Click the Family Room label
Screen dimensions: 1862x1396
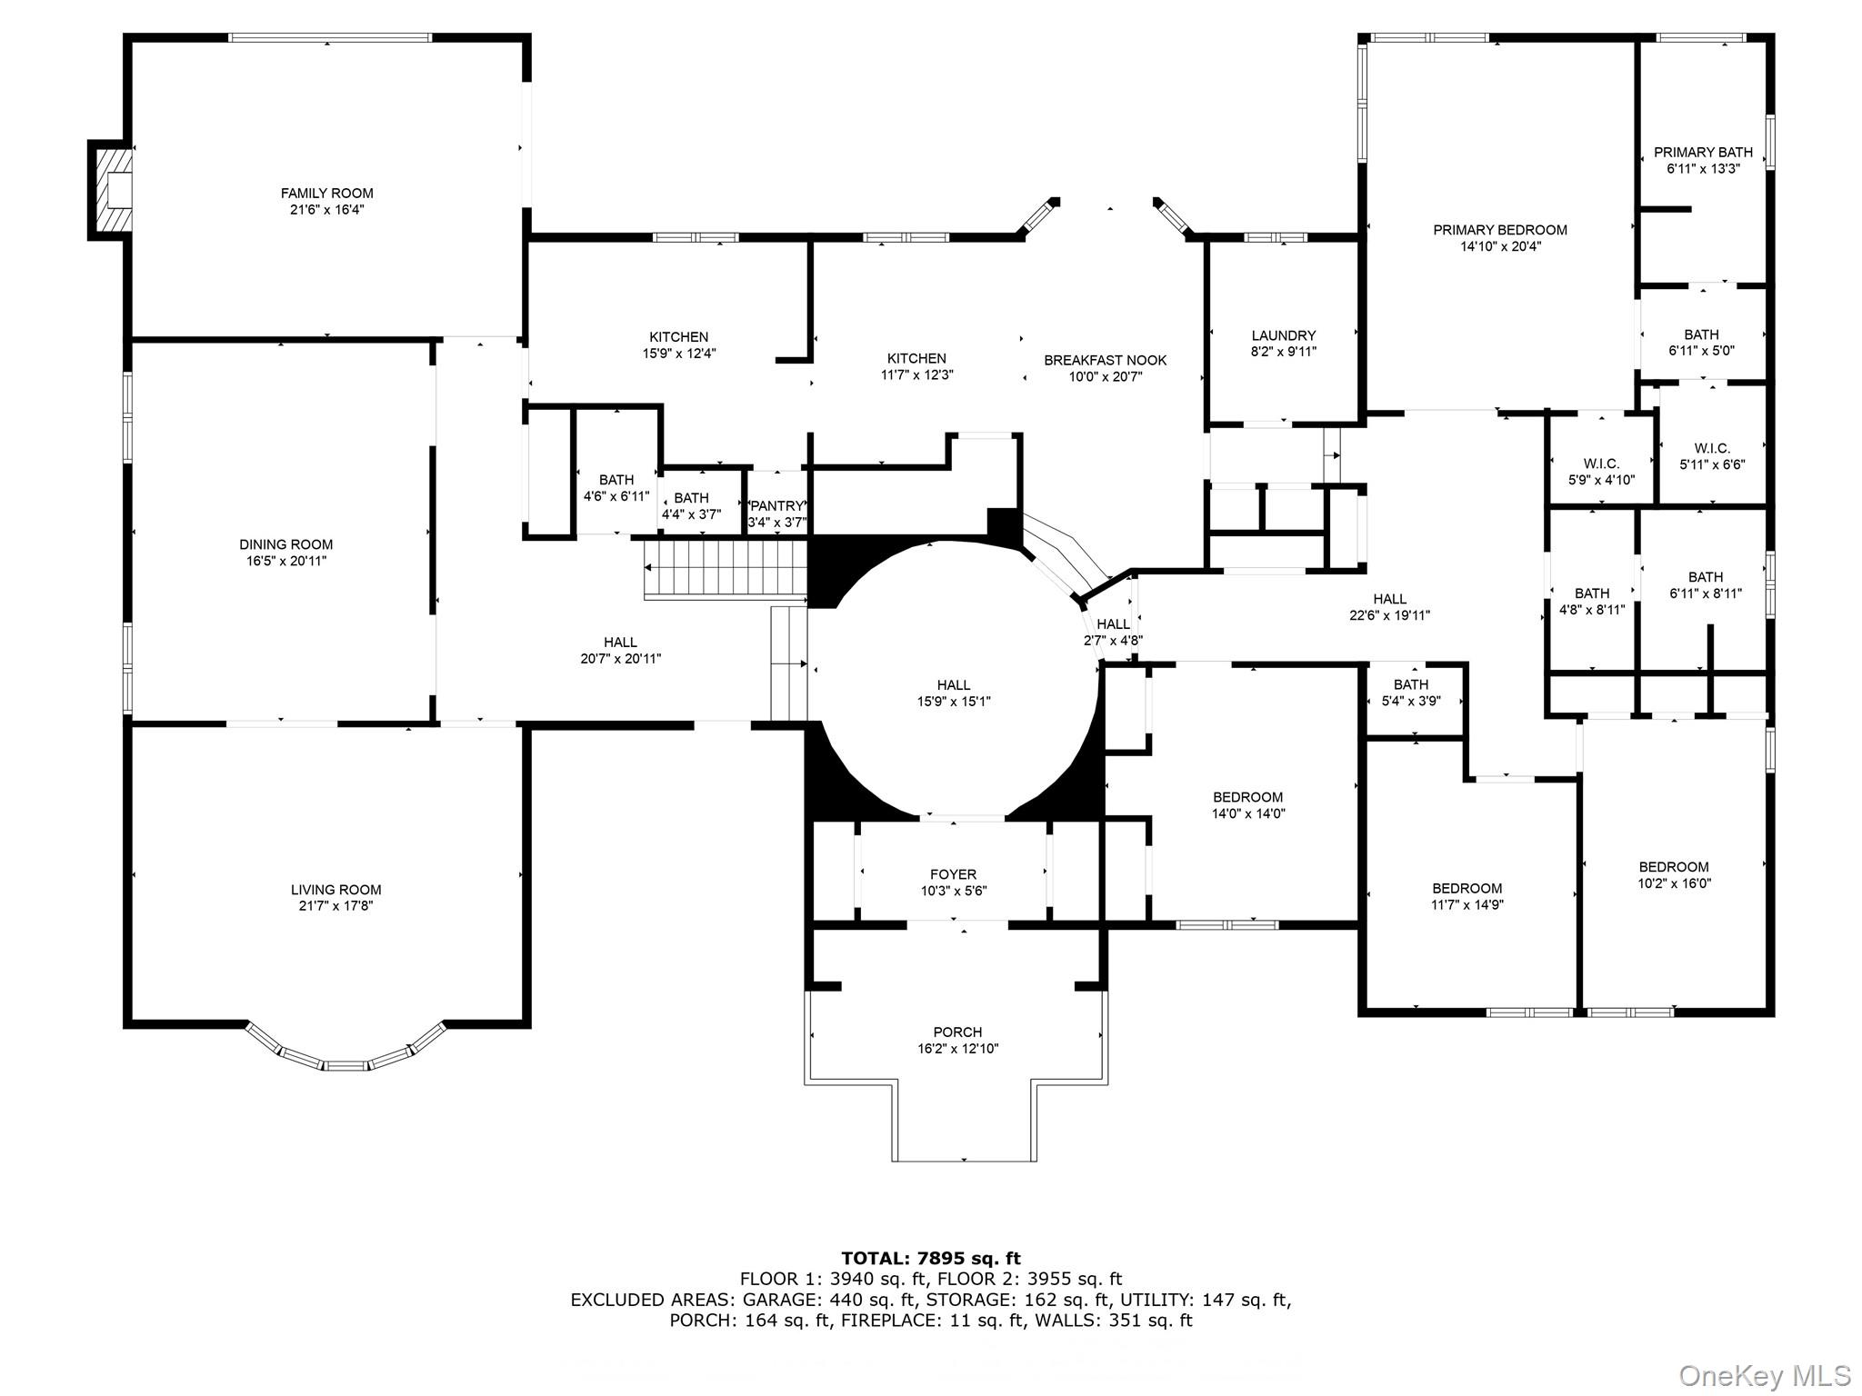point(326,193)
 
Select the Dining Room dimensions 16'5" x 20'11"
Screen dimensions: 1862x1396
point(286,561)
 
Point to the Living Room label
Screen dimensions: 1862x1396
point(335,890)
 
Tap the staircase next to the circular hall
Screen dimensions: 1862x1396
point(726,568)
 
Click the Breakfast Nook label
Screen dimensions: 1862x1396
point(1105,360)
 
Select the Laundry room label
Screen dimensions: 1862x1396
point(1283,335)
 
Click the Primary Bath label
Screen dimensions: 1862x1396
point(1703,152)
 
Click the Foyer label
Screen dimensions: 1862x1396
point(953,874)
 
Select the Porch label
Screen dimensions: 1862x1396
point(957,1032)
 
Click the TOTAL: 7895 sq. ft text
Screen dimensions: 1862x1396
point(931,1258)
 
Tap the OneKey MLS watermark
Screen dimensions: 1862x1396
point(1765,1375)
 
